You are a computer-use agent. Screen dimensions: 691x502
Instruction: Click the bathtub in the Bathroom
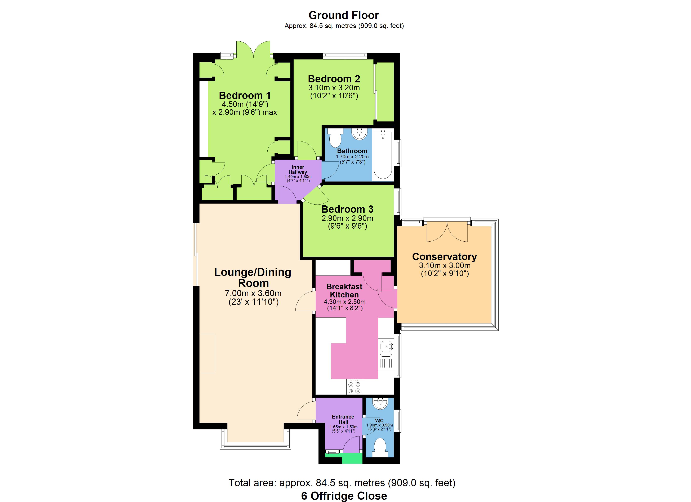pos(383,155)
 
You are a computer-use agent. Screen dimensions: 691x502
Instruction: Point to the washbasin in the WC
pos(380,404)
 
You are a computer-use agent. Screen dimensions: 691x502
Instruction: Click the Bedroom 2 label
pos(334,79)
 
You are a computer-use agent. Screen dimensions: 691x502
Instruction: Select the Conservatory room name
pos(445,257)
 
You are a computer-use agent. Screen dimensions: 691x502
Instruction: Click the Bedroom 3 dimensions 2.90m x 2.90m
pos(347,218)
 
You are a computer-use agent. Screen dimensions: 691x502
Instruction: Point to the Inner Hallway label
pos(298,170)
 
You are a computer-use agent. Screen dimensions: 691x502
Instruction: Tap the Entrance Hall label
pos(343,419)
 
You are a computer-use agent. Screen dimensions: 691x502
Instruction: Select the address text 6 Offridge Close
pos(344,496)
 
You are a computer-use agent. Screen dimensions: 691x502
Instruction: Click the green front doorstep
pos(352,458)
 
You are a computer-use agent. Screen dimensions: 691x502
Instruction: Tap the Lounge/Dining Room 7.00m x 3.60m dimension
pos(253,293)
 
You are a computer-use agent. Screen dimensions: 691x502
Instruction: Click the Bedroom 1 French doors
pos(254,49)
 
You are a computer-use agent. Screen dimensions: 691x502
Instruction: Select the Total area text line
pos(342,483)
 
